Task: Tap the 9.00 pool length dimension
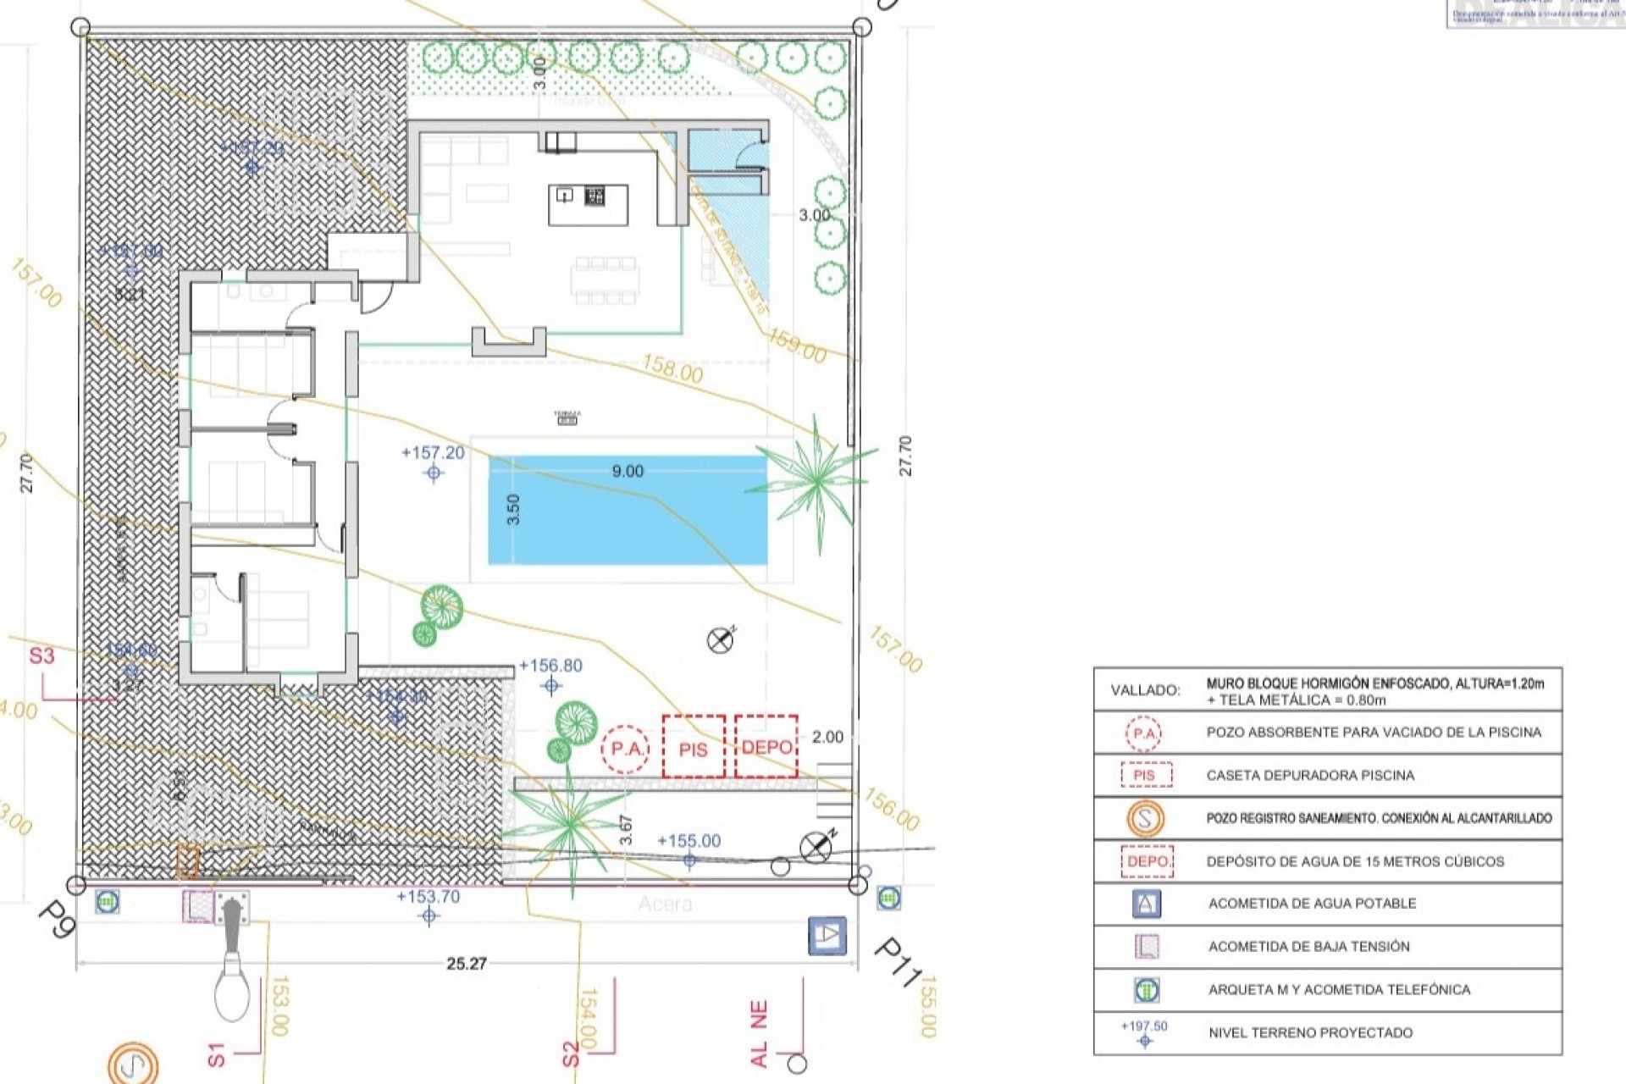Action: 628,471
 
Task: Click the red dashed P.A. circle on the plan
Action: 626,749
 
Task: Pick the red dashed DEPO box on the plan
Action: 766,746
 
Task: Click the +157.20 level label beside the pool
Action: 433,453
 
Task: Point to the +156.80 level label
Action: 550,666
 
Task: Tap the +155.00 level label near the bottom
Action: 689,841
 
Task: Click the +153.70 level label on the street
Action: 428,897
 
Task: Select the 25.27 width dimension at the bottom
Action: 467,964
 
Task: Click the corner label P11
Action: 897,961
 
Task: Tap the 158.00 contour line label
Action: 672,368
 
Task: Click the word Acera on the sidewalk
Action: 665,904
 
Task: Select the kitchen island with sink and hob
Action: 588,204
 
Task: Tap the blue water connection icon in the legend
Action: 1146,904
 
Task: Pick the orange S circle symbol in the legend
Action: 1145,818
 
